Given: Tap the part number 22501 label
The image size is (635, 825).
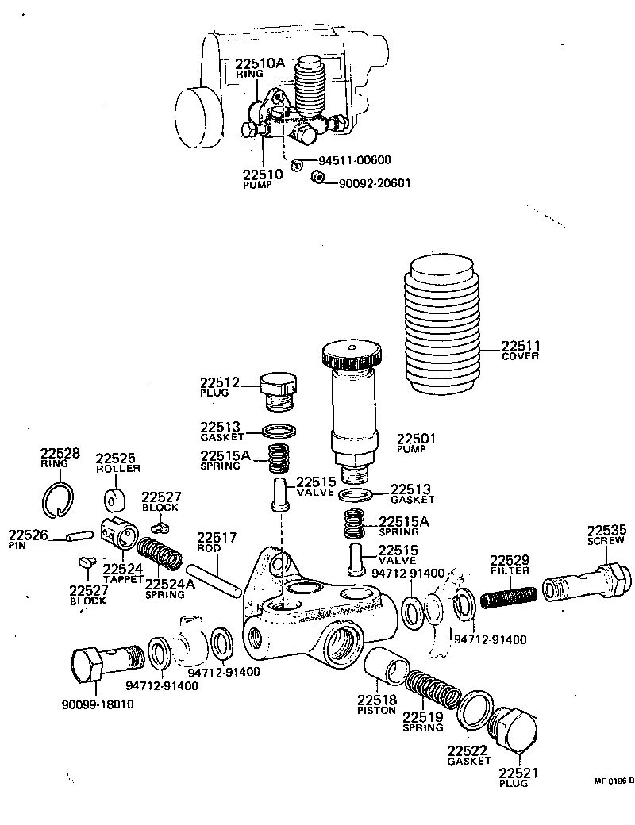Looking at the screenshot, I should point(417,438).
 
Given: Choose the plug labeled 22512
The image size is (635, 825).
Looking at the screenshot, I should point(279,392).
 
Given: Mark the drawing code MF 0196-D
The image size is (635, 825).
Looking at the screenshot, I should point(614,781).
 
